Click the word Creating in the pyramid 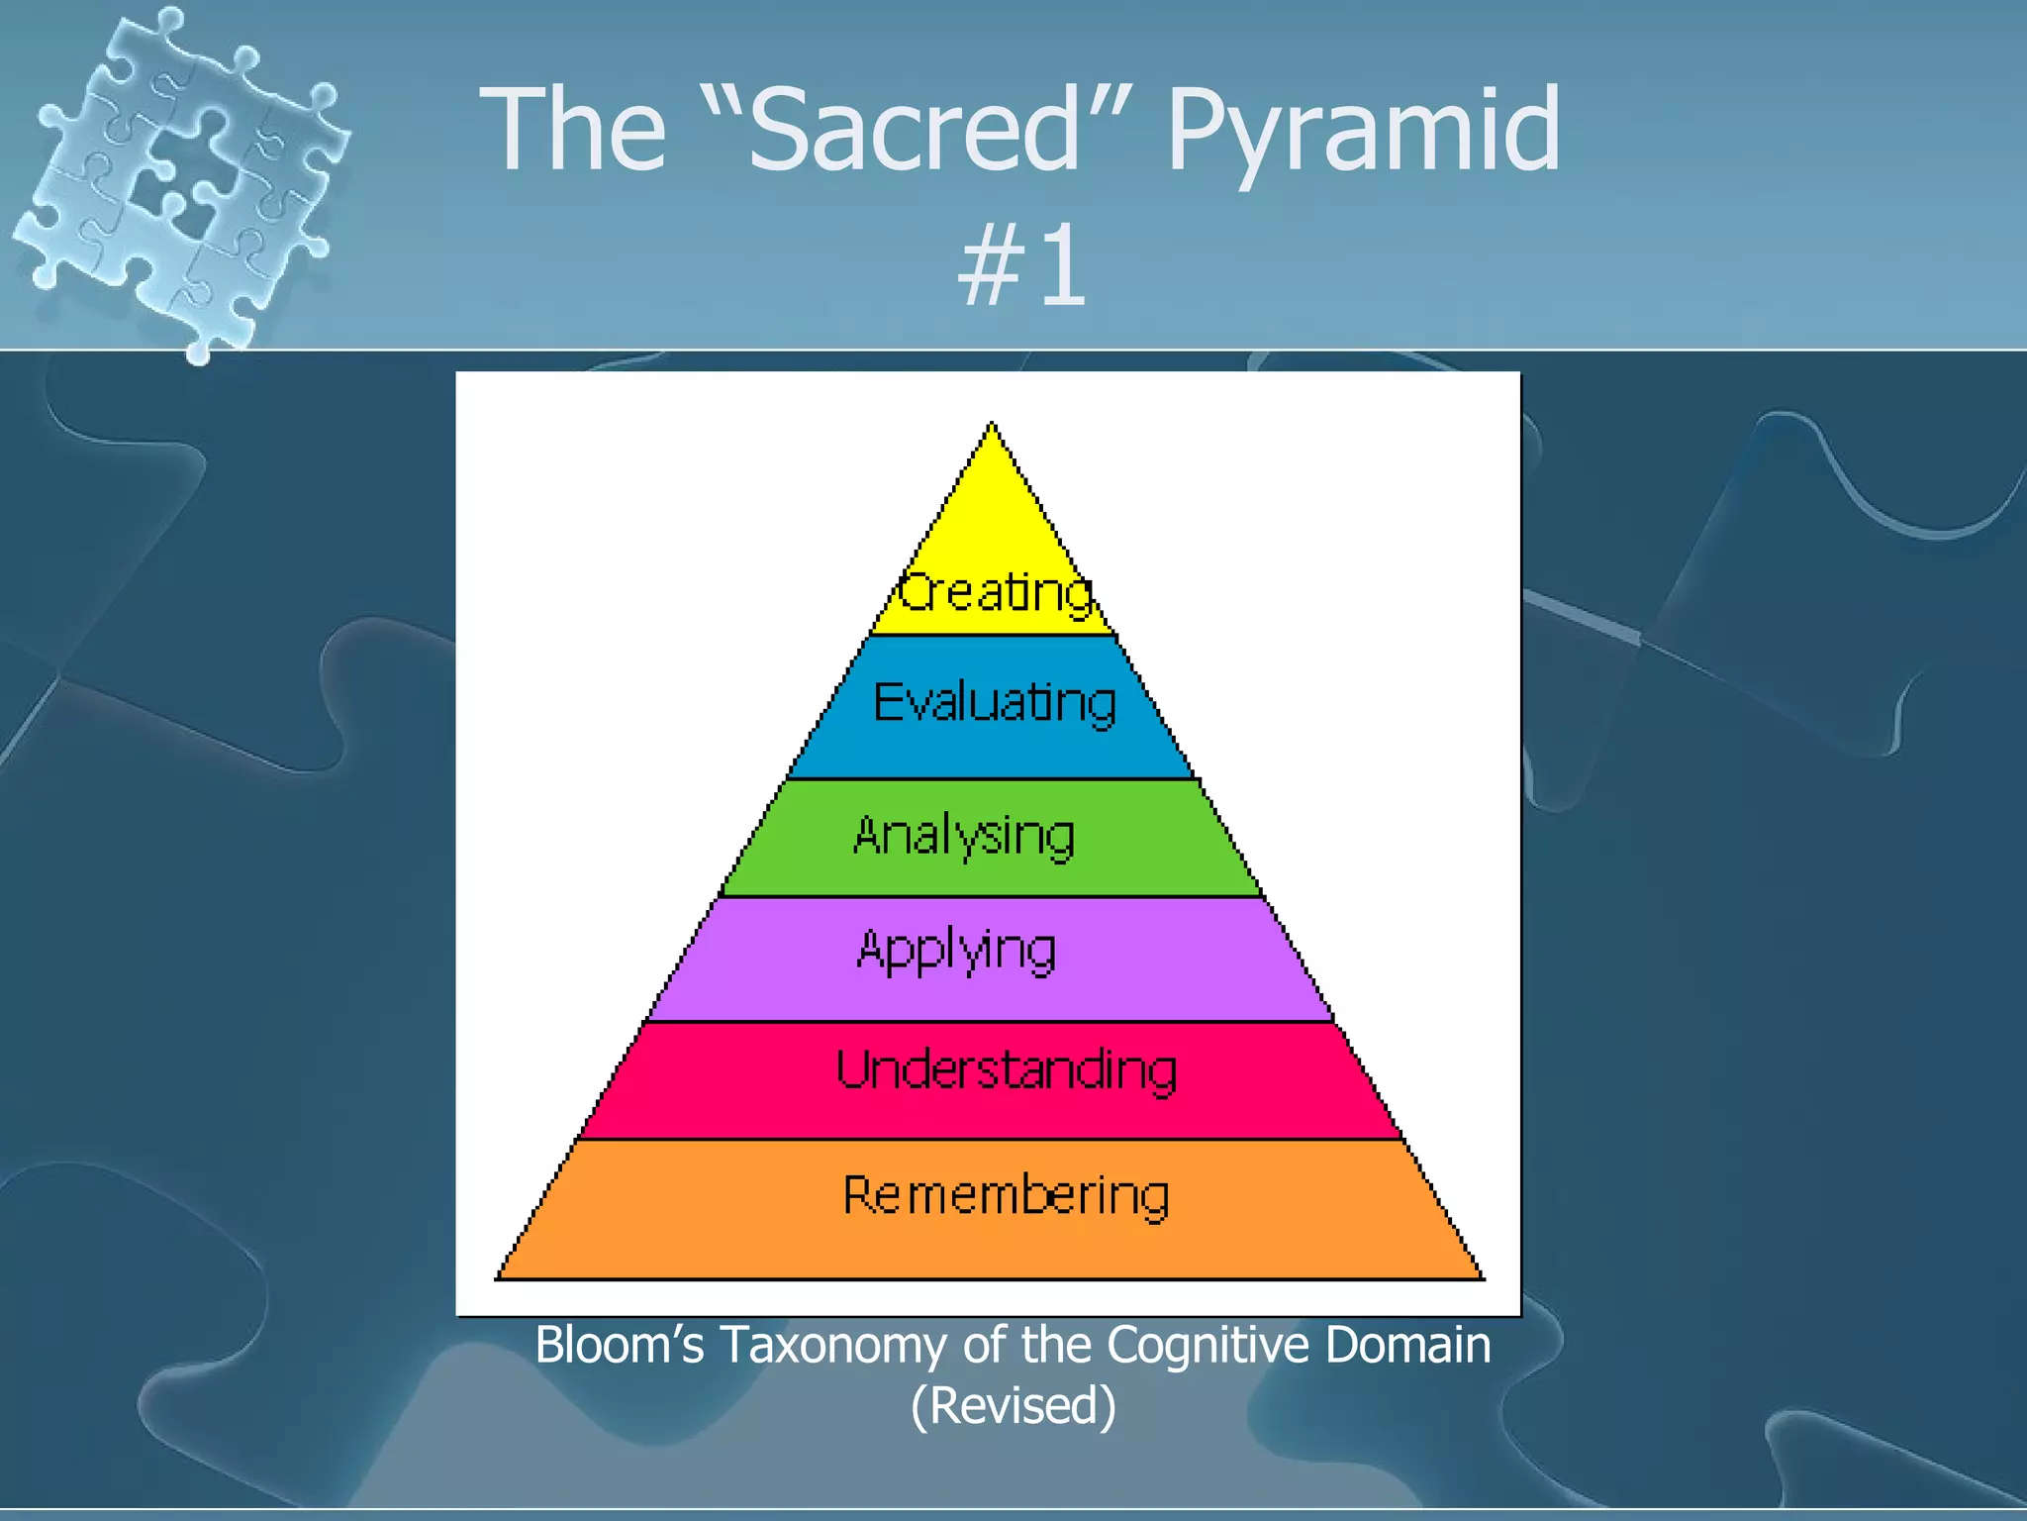[x=996, y=592]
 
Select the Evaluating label [x=995, y=703]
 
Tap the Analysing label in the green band [x=964, y=836]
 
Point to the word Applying [x=956, y=951]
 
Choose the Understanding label [x=1007, y=1070]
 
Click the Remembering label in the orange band [x=1006, y=1195]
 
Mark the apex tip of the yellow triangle [x=992, y=425]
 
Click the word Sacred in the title [x=916, y=130]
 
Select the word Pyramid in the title [x=1363, y=130]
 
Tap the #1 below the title [x=1022, y=265]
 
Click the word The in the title [x=573, y=130]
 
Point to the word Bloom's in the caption [x=619, y=1345]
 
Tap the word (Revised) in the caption [x=1013, y=1405]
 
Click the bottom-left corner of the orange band [x=498, y=1277]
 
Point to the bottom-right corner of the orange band [x=1482, y=1277]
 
